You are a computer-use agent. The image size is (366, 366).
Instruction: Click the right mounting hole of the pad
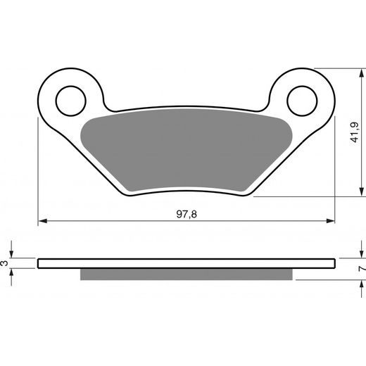point(301,99)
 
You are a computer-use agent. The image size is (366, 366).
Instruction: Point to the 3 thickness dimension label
point(5,263)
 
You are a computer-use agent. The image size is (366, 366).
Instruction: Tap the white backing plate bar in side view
point(187,264)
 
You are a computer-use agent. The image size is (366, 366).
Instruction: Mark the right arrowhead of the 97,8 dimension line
point(332,221)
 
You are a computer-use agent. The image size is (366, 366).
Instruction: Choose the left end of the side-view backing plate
point(39,264)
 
